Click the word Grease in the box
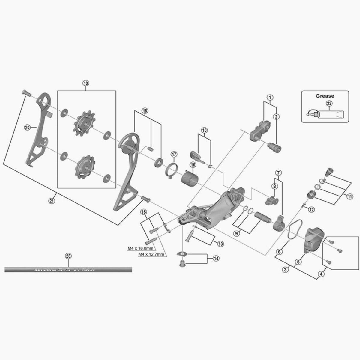coord(325,96)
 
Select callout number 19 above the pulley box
coord(86,84)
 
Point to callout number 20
coord(27,127)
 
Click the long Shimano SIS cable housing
coord(68,269)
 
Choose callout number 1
coord(270,97)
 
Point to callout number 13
coord(221,244)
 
